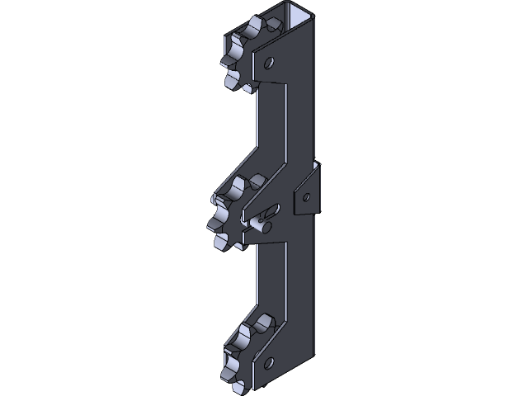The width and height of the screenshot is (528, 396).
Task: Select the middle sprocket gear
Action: (232, 213)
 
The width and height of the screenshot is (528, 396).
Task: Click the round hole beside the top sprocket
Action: (270, 61)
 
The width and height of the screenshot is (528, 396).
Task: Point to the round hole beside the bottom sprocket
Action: (268, 361)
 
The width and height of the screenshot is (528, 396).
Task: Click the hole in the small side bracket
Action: (307, 196)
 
